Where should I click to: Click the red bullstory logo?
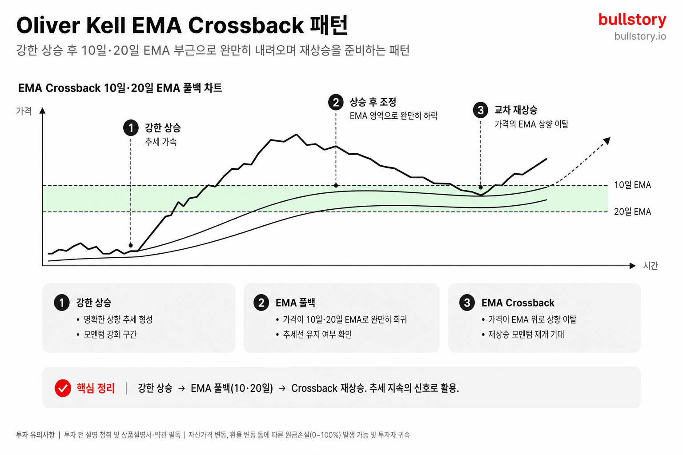point(632,20)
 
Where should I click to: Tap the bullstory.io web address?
point(640,36)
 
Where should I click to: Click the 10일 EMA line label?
point(632,185)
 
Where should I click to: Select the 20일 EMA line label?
point(632,212)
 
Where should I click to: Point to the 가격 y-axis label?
point(24,111)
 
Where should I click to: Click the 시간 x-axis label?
point(651,266)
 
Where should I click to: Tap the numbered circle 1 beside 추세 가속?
point(131,128)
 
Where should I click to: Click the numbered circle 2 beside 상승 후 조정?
point(336,102)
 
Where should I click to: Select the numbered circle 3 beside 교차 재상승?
point(481,110)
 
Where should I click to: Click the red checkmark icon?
point(63,388)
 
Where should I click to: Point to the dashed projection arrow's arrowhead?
point(607,141)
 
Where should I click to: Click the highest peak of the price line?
point(297,134)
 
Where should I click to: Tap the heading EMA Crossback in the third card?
point(518,303)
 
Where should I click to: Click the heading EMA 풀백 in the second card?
point(295,303)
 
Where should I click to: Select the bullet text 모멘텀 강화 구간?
point(110,334)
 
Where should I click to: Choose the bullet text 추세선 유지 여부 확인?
point(317,334)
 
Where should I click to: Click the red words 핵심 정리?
point(96,388)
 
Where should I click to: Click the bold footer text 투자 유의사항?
point(36,435)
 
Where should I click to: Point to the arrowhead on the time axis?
point(632,266)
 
